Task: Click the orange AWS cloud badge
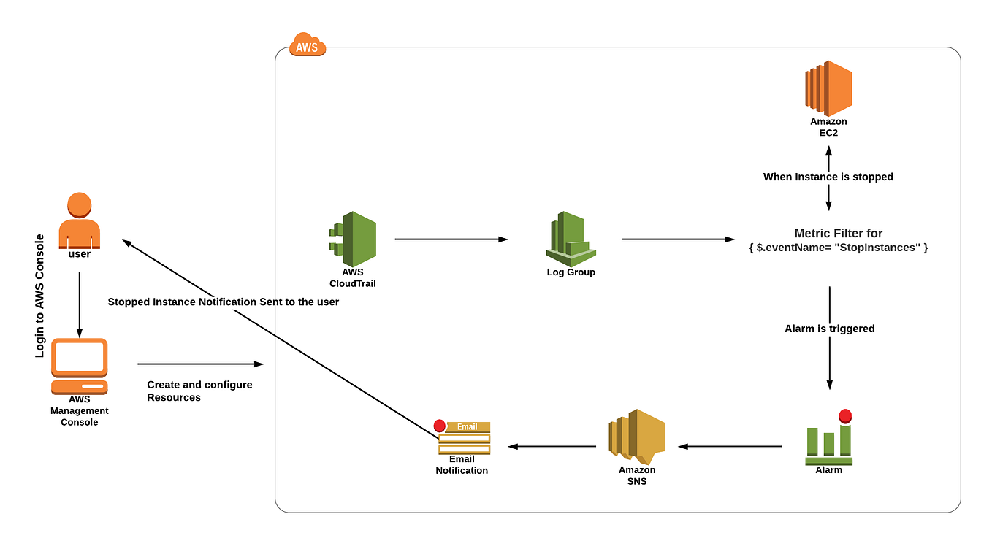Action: pos(308,45)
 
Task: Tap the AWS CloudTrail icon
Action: pos(353,239)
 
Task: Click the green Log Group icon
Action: pos(571,238)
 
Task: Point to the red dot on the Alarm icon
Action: pos(845,416)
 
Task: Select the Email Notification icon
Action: pos(463,437)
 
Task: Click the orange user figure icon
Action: pos(79,219)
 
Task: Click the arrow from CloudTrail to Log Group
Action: pos(451,239)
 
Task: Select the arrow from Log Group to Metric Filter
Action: pos(677,239)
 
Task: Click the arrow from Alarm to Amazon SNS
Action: pos(730,446)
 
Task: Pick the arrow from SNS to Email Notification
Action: pos(552,446)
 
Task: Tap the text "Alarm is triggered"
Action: pos(829,329)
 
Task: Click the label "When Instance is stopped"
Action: pos(828,177)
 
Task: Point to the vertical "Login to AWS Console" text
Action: pos(40,296)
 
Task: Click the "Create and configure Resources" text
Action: pos(199,391)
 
